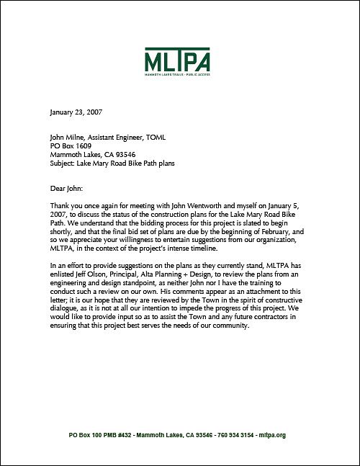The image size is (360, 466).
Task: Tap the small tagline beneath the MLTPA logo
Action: tap(179, 74)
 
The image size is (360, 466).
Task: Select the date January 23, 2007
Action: tap(76, 113)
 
